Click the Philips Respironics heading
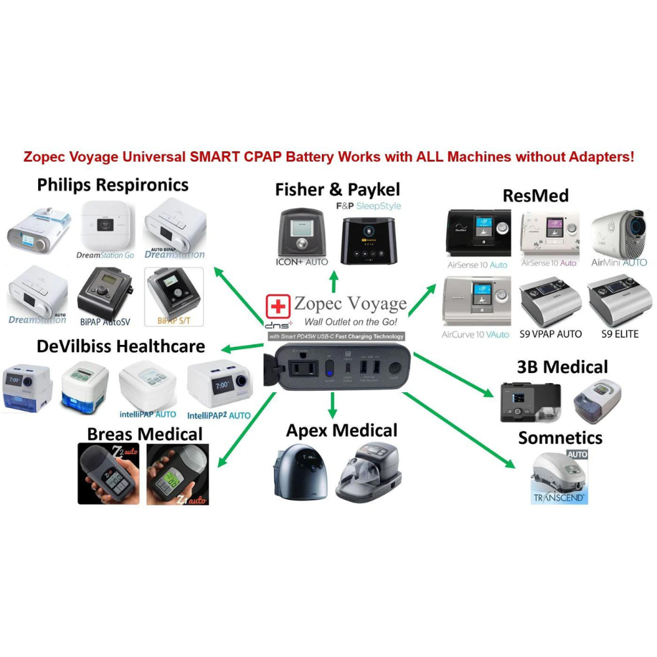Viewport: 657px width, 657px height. tap(112, 185)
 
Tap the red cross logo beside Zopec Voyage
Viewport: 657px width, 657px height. tap(278, 307)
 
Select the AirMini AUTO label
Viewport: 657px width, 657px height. tap(619, 263)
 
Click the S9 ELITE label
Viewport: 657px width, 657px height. tap(620, 334)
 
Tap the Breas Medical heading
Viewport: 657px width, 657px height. tap(145, 434)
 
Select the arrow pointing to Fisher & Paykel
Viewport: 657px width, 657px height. tap(334, 281)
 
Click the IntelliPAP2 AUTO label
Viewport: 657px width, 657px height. tap(219, 416)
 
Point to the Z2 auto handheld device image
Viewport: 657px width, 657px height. tap(108, 474)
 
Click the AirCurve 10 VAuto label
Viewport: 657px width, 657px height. tap(476, 334)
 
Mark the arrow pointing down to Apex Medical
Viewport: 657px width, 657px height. tap(332, 405)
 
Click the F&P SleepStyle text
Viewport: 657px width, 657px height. tap(369, 206)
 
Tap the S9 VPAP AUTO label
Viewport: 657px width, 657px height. tap(551, 334)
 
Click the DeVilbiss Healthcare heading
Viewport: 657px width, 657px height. tap(112, 346)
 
